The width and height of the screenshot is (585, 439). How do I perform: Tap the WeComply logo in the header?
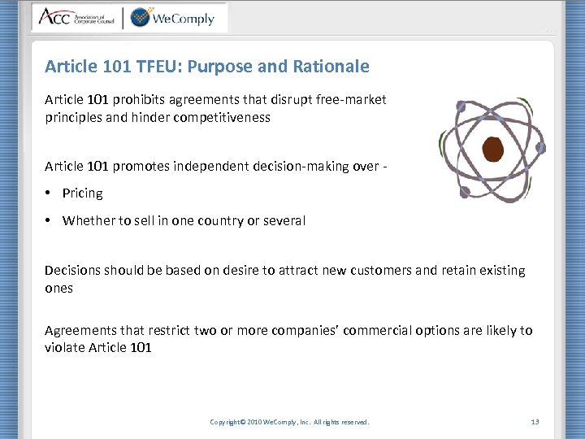(172, 17)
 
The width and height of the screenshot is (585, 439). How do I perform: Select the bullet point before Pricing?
(50, 193)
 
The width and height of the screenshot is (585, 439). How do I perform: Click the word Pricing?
(82, 193)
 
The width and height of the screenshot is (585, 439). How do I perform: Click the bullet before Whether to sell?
(50, 220)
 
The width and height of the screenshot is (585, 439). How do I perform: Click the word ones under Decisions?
(58, 288)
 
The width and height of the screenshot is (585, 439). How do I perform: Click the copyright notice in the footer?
(289, 422)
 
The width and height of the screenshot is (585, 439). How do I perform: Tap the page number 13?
(535, 422)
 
